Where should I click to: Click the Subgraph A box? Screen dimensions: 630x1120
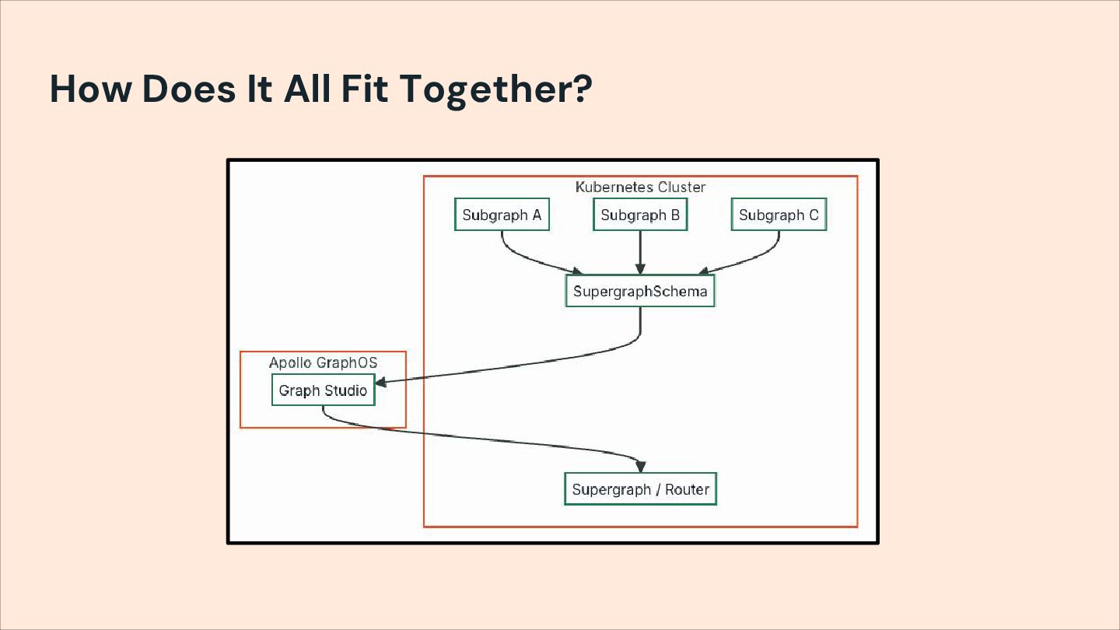pyautogui.click(x=502, y=215)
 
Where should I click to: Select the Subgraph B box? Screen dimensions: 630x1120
pyautogui.click(x=640, y=215)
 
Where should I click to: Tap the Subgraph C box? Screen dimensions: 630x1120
pyautogui.click(x=779, y=215)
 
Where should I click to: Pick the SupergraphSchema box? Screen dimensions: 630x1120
pyautogui.click(x=640, y=292)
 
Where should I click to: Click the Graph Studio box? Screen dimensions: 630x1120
pyautogui.click(x=323, y=390)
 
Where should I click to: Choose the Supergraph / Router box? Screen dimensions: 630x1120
pyautogui.click(x=640, y=489)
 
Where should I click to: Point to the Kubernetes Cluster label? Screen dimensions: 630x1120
pyautogui.click(x=640, y=187)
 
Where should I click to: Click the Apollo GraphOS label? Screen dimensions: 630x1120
pyautogui.click(x=323, y=363)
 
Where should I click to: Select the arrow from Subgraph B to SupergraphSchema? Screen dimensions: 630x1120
pyautogui.click(x=640, y=250)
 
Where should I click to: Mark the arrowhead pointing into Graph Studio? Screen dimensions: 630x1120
pyautogui.click(x=381, y=382)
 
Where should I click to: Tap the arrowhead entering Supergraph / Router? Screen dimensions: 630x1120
pyautogui.click(x=640, y=467)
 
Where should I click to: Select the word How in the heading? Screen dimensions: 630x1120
pyautogui.click(x=91, y=89)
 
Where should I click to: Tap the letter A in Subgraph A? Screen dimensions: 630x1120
pyautogui.click(x=536, y=215)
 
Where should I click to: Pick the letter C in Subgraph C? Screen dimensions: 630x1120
pyautogui.click(x=814, y=215)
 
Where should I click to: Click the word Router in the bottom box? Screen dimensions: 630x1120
pyautogui.click(x=688, y=489)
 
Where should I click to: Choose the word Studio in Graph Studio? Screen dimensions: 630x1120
pyautogui.click(x=346, y=390)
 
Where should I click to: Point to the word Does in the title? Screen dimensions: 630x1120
pyautogui.click(x=189, y=89)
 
